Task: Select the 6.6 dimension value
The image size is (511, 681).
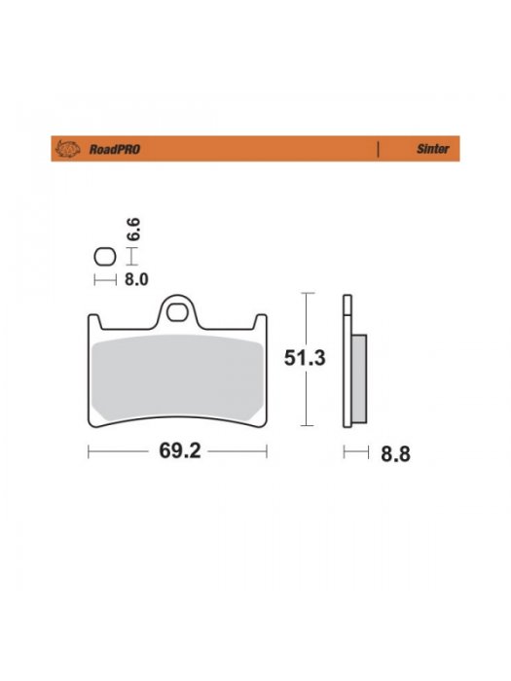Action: [x=134, y=230]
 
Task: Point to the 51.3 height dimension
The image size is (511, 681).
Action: [x=305, y=358]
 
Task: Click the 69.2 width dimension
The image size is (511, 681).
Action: [x=176, y=452]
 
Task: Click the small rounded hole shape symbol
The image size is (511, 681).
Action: [x=103, y=259]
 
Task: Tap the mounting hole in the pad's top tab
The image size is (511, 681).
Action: [x=176, y=313]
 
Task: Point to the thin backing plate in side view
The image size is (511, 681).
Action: [x=346, y=360]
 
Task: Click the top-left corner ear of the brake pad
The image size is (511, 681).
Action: [x=92, y=321]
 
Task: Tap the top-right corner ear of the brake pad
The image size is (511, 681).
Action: [x=261, y=321]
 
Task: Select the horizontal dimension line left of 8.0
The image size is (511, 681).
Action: [x=103, y=280]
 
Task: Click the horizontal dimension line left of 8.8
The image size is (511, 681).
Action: [x=357, y=452]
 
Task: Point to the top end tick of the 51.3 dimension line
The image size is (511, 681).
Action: [x=307, y=292]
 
